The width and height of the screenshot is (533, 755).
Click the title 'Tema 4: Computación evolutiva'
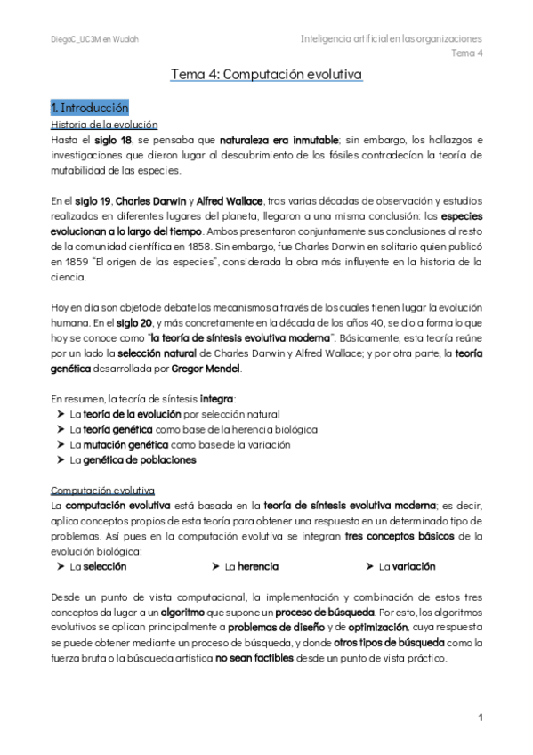266,77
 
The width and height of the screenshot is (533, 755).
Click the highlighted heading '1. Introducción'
90,107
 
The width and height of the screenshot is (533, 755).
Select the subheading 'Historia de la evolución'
104,125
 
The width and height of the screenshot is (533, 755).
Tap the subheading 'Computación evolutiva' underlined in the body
102,491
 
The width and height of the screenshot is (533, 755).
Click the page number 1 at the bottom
480,718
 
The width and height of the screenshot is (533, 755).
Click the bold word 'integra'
219,398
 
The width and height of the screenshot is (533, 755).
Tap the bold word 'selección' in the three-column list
105,566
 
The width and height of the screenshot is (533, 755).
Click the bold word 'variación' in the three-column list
414,566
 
